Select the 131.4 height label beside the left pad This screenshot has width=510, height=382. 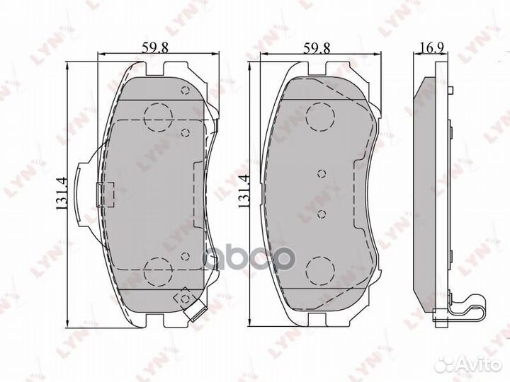point(62,193)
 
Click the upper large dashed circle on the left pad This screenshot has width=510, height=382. point(157,117)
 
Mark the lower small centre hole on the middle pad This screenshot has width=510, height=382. point(321,213)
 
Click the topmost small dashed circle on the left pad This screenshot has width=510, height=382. point(185,91)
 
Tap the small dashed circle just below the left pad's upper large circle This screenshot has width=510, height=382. point(185,132)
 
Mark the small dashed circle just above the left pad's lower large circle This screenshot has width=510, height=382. point(185,256)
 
